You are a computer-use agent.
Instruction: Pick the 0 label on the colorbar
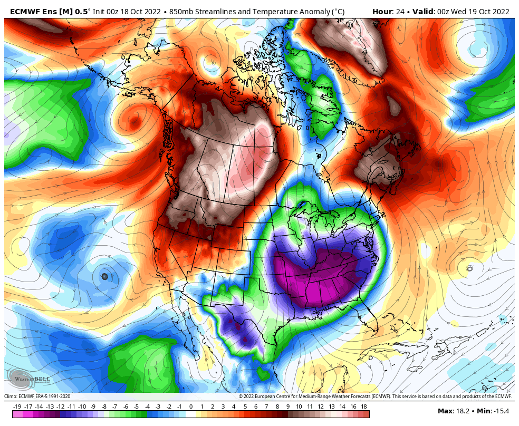tap(190, 406)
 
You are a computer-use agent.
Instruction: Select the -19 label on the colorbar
tap(17, 406)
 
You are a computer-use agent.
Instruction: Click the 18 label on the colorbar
tap(364, 406)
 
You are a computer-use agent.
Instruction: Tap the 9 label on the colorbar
tap(288, 406)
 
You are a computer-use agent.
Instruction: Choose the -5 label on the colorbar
tap(136, 406)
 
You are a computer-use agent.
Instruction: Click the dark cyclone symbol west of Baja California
tap(104, 276)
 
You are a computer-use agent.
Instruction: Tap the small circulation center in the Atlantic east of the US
tap(469, 268)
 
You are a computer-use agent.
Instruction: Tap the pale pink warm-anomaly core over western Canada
tap(248, 158)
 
